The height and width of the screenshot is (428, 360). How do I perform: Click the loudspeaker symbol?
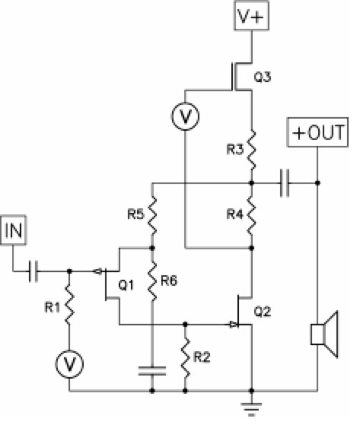[x=325, y=334]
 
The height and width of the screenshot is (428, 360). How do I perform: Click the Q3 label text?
[x=263, y=78]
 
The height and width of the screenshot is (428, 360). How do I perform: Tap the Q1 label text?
[x=126, y=285]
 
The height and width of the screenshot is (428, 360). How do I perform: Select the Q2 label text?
[x=263, y=312]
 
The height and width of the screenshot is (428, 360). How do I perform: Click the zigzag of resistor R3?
[x=252, y=150]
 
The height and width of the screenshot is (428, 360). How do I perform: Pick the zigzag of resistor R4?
[x=252, y=214]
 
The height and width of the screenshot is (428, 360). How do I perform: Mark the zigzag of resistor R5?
[x=152, y=215]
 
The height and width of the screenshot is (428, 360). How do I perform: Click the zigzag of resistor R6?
[x=152, y=281]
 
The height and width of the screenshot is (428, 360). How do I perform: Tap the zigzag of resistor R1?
[x=69, y=305]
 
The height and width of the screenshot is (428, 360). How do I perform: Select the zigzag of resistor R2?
[x=186, y=357]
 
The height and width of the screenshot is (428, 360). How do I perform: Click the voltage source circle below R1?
[x=69, y=364]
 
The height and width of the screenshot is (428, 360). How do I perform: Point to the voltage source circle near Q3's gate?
[x=185, y=116]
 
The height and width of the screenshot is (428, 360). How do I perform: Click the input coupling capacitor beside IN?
[x=33, y=271]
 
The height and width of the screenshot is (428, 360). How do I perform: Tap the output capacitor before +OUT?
[x=285, y=183]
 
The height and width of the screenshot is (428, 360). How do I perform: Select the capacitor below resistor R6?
[x=152, y=371]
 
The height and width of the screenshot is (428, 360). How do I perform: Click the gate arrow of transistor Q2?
[x=234, y=325]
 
